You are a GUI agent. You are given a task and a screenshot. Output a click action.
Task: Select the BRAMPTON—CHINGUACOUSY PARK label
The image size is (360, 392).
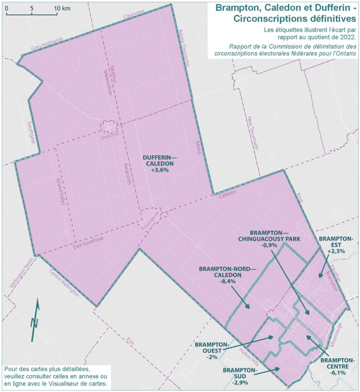click(269, 235)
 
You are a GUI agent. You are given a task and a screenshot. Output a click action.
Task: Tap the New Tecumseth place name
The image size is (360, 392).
click(253, 133)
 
